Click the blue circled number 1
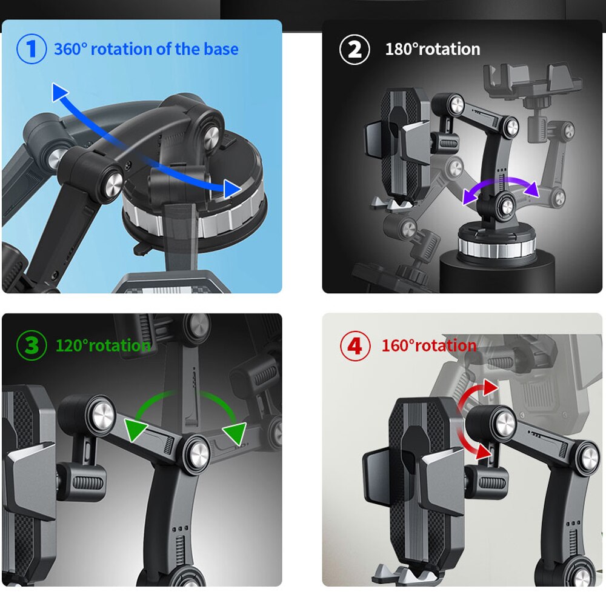click(32, 49)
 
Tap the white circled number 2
click(355, 50)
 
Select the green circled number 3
click(32, 345)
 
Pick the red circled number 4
click(355, 345)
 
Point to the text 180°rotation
click(433, 49)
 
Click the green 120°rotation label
click(103, 345)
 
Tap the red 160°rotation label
click(429, 345)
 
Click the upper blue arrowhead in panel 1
click(59, 92)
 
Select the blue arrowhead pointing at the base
click(231, 188)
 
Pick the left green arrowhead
click(135, 428)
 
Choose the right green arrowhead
click(235, 433)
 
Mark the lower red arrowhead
click(484, 451)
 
